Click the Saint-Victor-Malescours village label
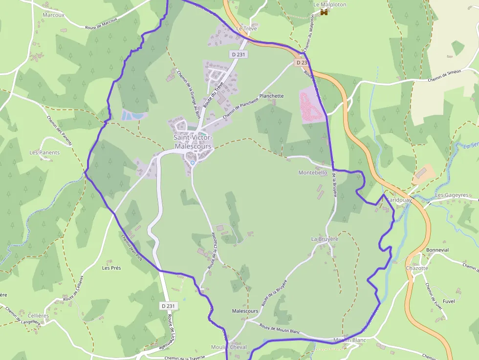tap(193, 142)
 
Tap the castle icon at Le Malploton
tap(324, 13)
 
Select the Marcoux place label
tap(53, 15)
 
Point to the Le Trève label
tap(246, 29)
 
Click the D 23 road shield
tap(302, 63)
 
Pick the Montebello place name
tap(313, 173)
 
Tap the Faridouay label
tap(399, 200)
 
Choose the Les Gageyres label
tap(452, 195)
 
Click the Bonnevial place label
tap(437, 250)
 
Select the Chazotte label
tap(417, 268)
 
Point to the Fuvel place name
tap(448, 301)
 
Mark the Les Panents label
tap(44, 152)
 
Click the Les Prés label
tap(111, 268)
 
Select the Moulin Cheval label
tap(229, 347)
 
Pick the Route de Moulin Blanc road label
tap(279, 328)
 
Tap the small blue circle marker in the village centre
tap(193, 163)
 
